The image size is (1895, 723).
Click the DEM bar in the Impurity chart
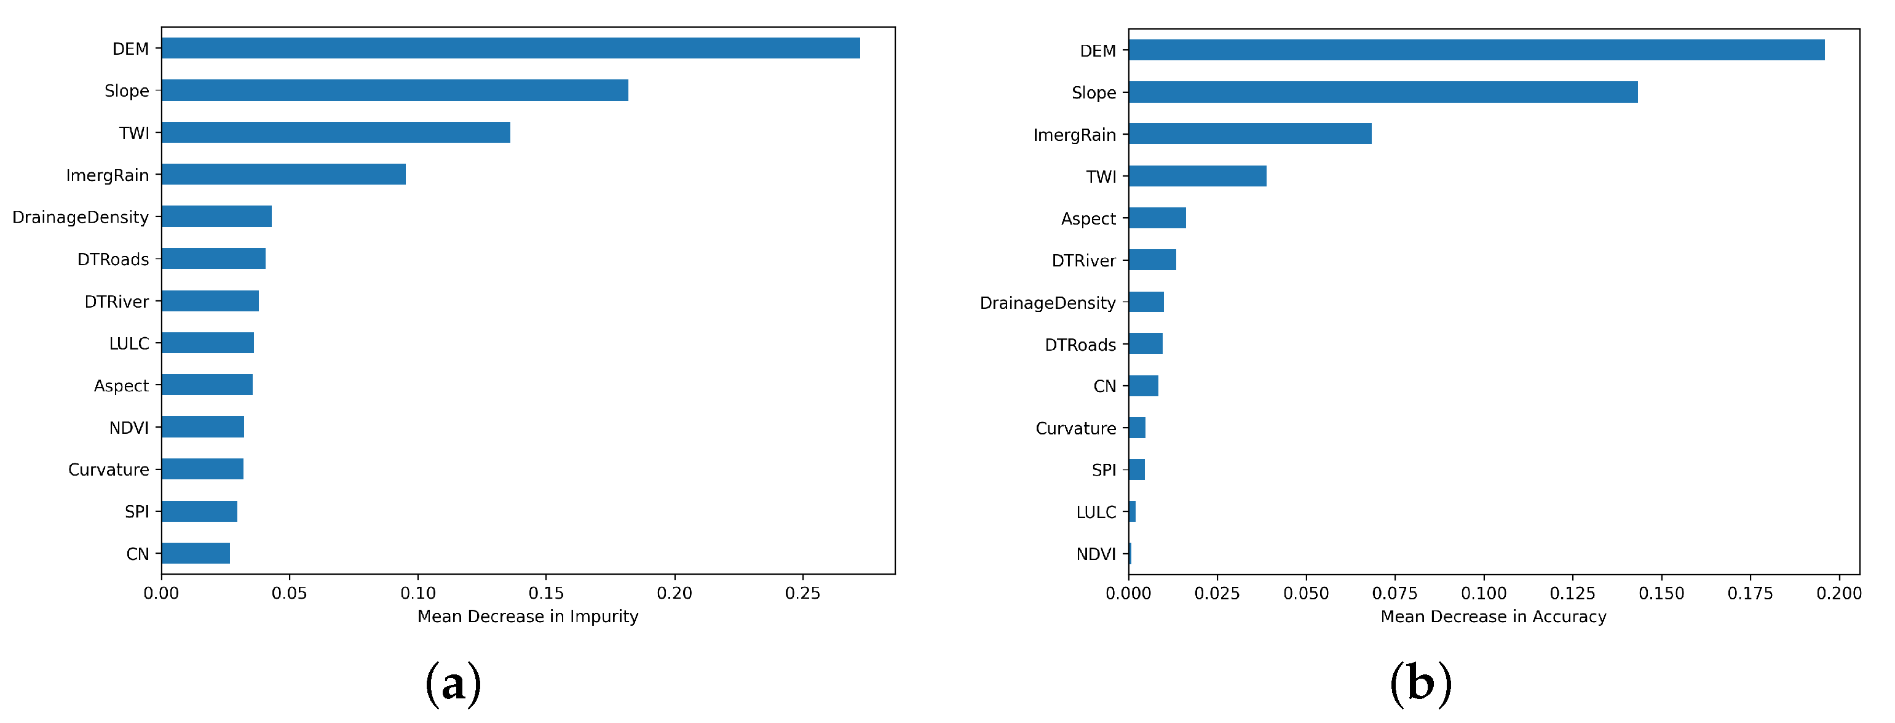(x=510, y=48)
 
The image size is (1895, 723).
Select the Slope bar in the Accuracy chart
(x=1382, y=92)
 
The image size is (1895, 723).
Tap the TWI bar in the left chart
(x=336, y=132)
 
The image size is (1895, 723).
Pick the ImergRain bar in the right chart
(x=1249, y=134)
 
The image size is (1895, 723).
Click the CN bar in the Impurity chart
(x=196, y=553)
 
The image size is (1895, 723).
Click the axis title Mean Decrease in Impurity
(x=528, y=617)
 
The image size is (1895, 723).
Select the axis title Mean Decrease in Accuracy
(x=1493, y=617)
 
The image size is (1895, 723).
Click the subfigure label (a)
(x=453, y=683)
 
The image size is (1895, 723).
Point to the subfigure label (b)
(x=1420, y=683)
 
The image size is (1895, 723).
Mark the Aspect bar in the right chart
(x=1157, y=218)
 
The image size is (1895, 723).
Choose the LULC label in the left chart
(x=129, y=344)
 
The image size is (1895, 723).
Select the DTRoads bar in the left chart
(x=213, y=258)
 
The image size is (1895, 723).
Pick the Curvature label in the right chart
(x=1075, y=428)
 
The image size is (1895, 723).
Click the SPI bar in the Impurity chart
(x=199, y=511)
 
